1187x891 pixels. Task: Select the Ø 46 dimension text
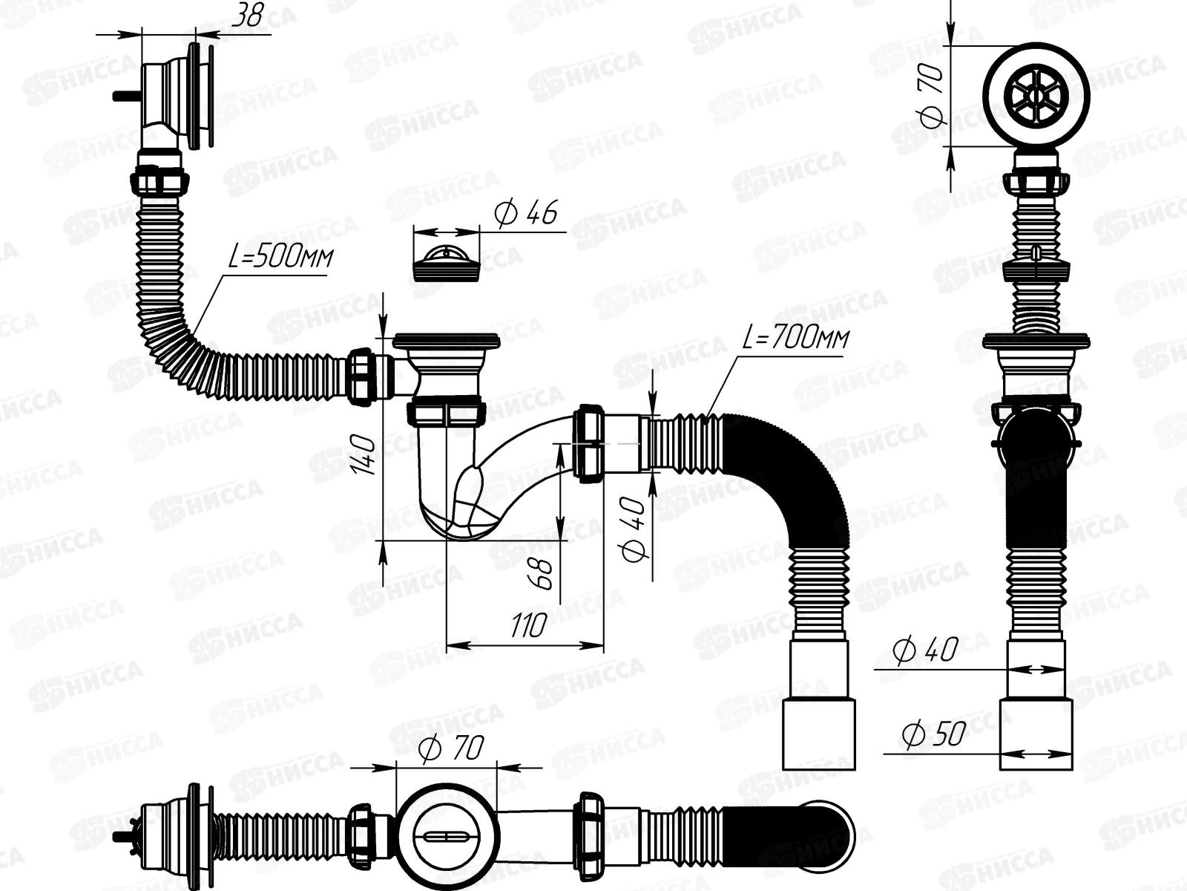tap(525, 213)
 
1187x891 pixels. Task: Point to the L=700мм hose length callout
tap(795, 339)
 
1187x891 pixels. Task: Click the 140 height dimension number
tap(365, 454)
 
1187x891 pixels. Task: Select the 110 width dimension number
tap(527, 626)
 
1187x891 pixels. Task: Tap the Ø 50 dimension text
tap(933, 734)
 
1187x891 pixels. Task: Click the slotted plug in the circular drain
tap(446, 837)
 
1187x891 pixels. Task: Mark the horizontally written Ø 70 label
tap(450, 748)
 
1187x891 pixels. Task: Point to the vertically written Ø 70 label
tap(931, 94)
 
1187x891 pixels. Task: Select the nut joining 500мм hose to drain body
tap(364, 376)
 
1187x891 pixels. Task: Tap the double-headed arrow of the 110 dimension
tap(525, 644)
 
